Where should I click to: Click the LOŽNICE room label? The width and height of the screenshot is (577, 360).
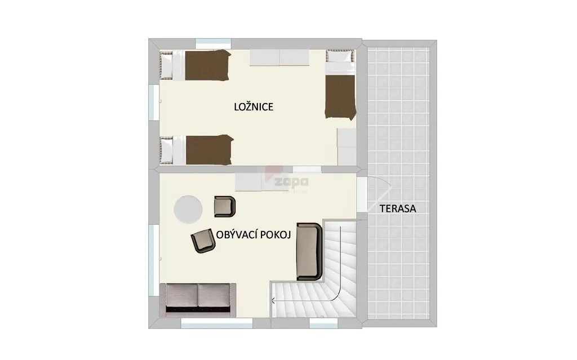pyautogui.click(x=254, y=106)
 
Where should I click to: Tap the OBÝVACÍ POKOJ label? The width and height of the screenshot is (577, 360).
pyautogui.click(x=254, y=235)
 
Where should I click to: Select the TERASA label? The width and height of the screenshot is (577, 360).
pyautogui.click(x=398, y=208)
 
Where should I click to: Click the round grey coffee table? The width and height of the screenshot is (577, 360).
pyautogui.click(x=188, y=209)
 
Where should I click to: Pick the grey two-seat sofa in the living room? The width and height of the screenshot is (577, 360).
pyautogui.click(x=198, y=300)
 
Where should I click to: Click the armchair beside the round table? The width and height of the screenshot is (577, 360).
pyautogui.click(x=225, y=207)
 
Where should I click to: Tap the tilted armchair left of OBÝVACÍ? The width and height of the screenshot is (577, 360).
pyautogui.click(x=203, y=241)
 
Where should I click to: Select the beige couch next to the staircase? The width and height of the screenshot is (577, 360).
pyautogui.click(x=309, y=251)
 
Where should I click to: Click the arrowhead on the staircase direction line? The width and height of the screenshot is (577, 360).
pyautogui.click(x=273, y=301)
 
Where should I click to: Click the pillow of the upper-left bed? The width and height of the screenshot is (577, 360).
pyautogui.click(x=166, y=65)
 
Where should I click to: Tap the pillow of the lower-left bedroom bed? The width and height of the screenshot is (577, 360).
pyautogui.click(x=167, y=150)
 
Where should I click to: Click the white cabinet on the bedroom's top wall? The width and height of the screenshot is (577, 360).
pyautogui.click(x=279, y=58)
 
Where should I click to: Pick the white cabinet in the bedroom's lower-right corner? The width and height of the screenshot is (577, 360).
pyautogui.click(x=347, y=146)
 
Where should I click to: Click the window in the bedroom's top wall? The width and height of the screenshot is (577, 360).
pyautogui.click(x=214, y=44)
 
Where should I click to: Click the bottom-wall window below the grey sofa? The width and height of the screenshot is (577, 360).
pyautogui.click(x=217, y=323)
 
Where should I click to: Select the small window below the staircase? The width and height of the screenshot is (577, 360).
pyautogui.click(x=323, y=323)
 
